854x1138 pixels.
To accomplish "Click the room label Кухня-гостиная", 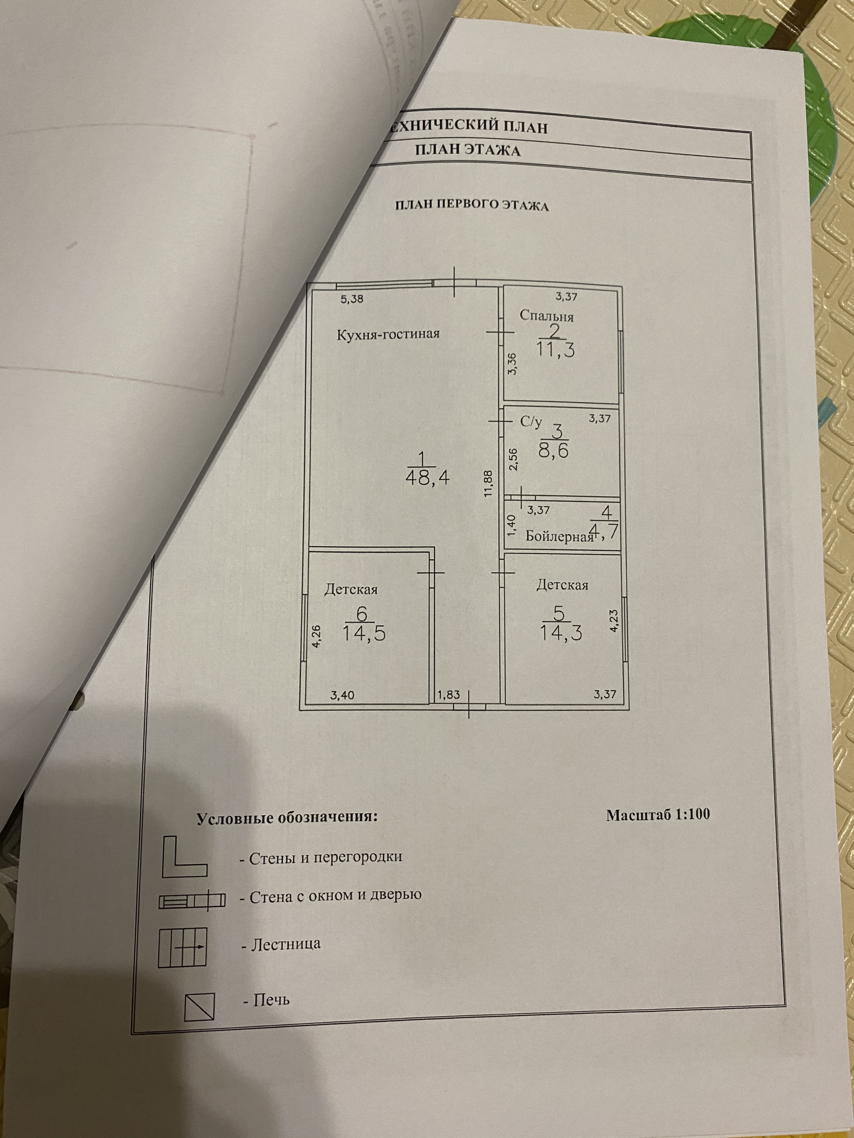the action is pyautogui.click(x=388, y=334).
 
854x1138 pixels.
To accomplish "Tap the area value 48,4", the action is pyautogui.click(x=428, y=477).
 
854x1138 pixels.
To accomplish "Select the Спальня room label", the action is pyautogui.click(x=546, y=316).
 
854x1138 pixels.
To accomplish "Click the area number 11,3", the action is pyautogui.click(x=555, y=350).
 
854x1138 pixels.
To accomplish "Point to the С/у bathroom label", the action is pyautogui.click(x=531, y=422).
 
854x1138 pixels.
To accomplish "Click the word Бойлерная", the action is pyautogui.click(x=559, y=537).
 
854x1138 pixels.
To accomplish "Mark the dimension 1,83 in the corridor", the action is pyautogui.click(x=448, y=694).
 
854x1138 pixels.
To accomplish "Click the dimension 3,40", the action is pyautogui.click(x=341, y=696).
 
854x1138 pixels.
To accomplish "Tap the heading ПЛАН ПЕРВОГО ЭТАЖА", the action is pyautogui.click(x=471, y=206).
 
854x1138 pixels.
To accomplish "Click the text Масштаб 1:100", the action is pyautogui.click(x=657, y=815).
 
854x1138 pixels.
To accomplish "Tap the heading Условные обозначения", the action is pyautogui.click(x=287, y=818).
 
